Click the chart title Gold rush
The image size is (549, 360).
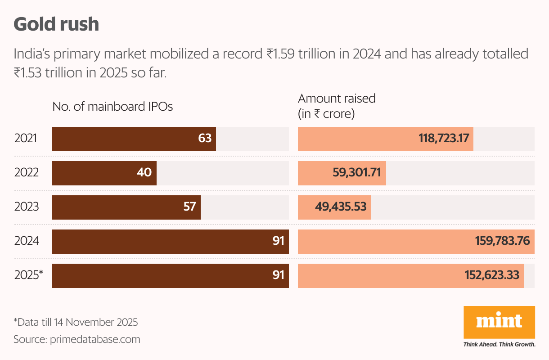click(x=56, y=24)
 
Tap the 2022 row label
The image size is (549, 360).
click(x=27, y=173)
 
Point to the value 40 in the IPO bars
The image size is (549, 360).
click(x=144, y=173)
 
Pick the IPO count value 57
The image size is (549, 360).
click(x=190, y=207)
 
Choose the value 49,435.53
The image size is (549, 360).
click(x=341, y=207)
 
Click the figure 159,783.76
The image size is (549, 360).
click(x=502, y=241)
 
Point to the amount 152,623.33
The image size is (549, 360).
click(x=492, y=275)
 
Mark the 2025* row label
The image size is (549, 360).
click(x=28, y=275)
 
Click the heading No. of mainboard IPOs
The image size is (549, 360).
click(x=112, y=107)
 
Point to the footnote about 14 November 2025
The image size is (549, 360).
click(x=76, y=322)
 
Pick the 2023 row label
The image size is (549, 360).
click(x=27, y=207)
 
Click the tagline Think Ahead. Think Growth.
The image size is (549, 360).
click(x=499, y=345)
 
